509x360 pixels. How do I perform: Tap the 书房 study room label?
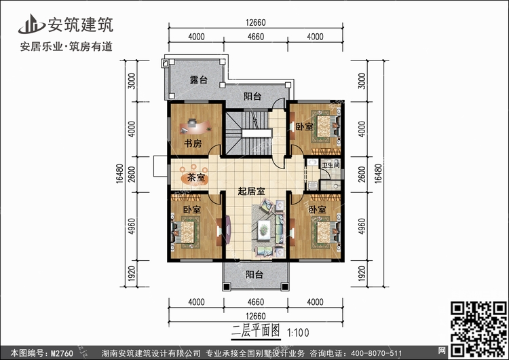[x=193, y=143]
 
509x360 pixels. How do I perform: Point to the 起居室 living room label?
[x=250, y=192]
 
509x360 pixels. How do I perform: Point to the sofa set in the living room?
[x=267, y=225]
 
